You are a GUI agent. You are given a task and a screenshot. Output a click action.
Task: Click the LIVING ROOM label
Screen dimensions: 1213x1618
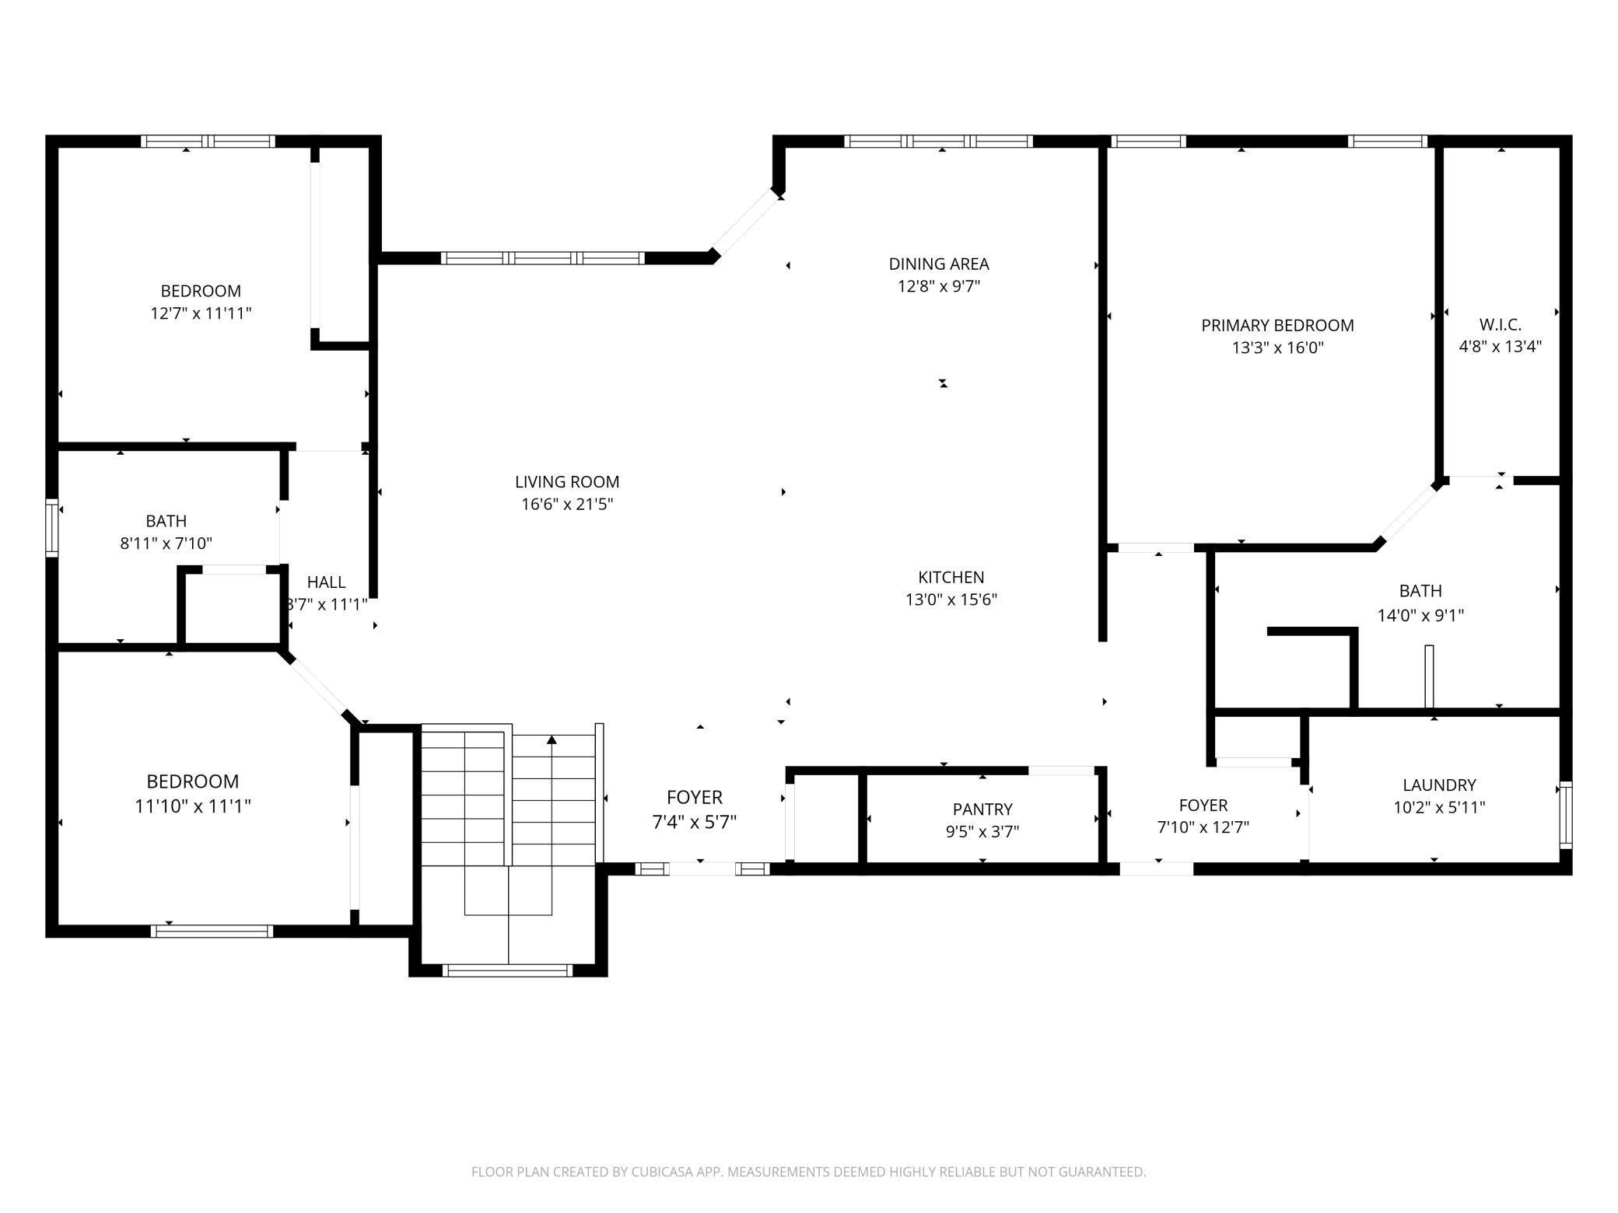pos(567,482)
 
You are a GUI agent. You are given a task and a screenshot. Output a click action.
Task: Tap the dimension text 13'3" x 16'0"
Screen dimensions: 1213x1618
pos(1277,348)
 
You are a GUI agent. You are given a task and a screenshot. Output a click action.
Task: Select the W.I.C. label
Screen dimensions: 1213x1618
pos(1500,324)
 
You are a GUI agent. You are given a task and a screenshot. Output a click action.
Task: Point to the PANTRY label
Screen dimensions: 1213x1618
pos(982,809)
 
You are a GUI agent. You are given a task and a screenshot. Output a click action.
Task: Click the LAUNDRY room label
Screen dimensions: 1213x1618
pos(1439,785)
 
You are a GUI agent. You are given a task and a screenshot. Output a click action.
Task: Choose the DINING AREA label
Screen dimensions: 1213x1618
pos(939,264)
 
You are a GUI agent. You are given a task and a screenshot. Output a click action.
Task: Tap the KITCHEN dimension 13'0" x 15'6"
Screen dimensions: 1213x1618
pos(951,600)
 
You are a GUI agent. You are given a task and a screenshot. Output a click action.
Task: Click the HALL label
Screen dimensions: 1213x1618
pos(326,582)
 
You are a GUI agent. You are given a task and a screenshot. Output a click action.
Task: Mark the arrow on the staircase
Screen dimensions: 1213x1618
pos(552,741)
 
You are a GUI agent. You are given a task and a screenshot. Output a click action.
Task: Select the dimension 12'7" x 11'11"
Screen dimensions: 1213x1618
pos(201,313)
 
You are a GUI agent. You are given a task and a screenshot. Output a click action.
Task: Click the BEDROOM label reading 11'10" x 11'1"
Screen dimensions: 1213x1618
pos(192,781)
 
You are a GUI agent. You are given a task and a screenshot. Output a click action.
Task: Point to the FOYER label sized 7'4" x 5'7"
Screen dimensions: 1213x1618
pos(694,798)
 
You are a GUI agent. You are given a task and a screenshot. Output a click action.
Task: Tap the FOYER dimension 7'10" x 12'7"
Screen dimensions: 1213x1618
pos(1203,827)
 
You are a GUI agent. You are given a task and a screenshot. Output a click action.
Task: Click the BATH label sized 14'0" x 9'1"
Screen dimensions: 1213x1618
pos(1420,591)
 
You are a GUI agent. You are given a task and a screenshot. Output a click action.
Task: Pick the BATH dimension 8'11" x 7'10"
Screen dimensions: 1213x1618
pos(166,544)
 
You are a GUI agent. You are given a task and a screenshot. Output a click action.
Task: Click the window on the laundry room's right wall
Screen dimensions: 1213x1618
pos(1565,814)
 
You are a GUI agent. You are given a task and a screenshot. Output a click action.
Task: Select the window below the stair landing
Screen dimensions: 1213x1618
pos(507,970)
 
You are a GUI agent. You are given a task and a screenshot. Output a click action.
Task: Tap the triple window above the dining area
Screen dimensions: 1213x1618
pos(939,142)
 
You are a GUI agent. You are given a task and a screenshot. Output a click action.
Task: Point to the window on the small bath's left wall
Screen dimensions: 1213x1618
pos(52,528)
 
